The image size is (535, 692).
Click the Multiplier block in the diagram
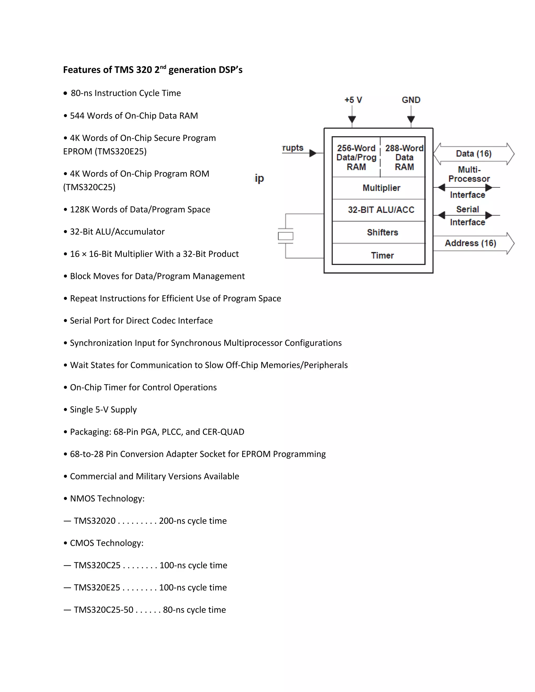tap(381, 188)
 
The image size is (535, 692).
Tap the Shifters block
tap(382, 232)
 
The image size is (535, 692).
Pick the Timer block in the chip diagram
tap(382, 255)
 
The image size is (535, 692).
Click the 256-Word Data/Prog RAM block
tap(356, 157)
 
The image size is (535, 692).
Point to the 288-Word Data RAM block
tap(404, 157)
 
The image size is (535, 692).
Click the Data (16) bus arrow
tap(474, 154)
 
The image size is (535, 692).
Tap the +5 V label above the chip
tap(353, 100)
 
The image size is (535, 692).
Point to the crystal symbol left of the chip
tap(286, 236)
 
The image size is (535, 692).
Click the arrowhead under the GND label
tap(411, 119)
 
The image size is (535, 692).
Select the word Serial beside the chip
tap(468, 209)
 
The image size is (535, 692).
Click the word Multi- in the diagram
tap(469, 169)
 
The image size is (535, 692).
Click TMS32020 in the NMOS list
tap(95, 521)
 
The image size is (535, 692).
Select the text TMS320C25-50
tap(104, 610)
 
